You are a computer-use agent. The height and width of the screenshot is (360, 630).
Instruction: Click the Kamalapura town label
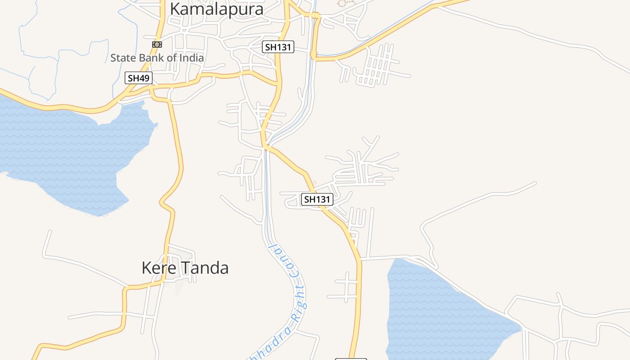(x=216, y=9)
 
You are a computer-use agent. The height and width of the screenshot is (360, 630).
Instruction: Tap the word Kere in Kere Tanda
(x=157, y=268)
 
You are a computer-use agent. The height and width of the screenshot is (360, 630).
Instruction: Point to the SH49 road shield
(x=138, y=78)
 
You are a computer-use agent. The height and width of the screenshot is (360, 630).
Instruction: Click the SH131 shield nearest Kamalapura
(x=278, y=46)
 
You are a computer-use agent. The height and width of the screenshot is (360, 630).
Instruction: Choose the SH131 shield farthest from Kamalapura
(x=317, y=199)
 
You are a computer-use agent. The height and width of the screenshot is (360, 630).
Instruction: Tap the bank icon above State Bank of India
(x=157, y=45)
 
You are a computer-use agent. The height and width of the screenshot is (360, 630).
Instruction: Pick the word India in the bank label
(x=191, y=58)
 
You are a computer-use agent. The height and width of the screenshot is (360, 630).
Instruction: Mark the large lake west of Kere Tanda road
(x=67, y=148)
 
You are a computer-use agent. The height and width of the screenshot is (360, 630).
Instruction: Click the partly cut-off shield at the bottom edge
(x=351, y=359)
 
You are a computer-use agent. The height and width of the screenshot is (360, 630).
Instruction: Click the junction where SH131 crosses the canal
(x=266, y=146)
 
